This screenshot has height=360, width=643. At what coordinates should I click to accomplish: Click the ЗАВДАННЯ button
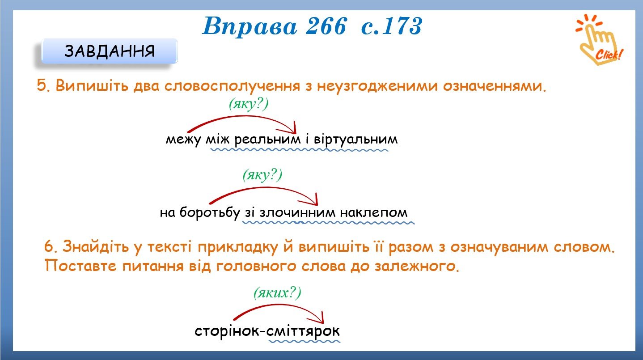click(110, 51)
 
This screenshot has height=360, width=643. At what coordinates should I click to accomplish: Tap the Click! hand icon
click(599, 40)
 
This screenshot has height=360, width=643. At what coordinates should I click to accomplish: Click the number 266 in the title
click(326, 26)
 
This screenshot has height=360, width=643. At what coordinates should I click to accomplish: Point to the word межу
click(183, 140)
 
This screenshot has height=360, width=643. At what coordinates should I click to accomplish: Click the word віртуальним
click(355, 139)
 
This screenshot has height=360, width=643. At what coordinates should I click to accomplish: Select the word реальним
click(267, 140)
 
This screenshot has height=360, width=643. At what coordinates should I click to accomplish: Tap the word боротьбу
click(210, 213)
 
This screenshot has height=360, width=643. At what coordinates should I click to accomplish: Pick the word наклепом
click(374, 213)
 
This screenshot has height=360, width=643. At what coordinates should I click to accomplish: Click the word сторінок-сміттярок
click(267, 331)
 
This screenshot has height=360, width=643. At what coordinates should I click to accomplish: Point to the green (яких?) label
click(277, 293)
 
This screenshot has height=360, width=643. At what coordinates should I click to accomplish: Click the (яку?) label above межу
click(249, 104)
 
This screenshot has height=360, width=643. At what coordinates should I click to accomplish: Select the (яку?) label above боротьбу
click(262, 175)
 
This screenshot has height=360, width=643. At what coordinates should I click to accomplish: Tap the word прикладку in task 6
click(238, 247)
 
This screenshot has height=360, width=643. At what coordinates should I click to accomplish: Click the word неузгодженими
click(377, 86)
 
